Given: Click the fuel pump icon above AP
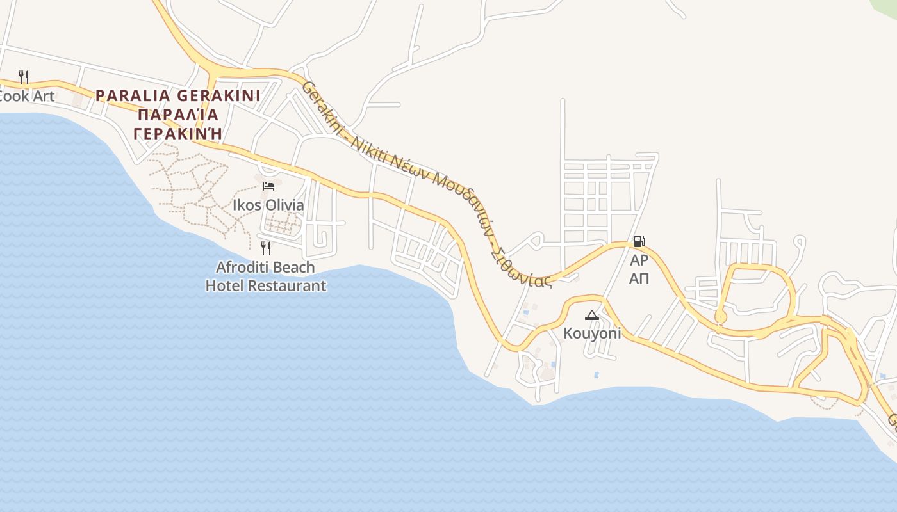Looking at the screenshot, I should [x=639, y=241].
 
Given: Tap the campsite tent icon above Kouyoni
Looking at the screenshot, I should [x=591, y=315].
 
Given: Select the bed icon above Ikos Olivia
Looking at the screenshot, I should [x=268, y=186].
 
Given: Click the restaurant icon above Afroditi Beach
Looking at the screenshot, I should [x=266, y=248].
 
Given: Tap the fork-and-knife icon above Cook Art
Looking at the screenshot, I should [x=24, y=77].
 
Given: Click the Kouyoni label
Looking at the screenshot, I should [x=592, y=333].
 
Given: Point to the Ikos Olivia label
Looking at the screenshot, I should [x=268, y=205].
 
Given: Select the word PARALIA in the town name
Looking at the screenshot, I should [x=133, y=96].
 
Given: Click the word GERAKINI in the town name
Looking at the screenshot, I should [x=218, y=96].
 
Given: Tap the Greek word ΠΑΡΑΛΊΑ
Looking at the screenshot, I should [x=178, y=115].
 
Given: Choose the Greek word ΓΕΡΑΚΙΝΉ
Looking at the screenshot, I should [x=178, y=133].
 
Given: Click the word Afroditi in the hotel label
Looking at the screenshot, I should [x=240, y=267].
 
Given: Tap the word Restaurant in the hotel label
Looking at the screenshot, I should [x=286, y=285].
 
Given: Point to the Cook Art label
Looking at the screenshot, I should [x=27, y=97].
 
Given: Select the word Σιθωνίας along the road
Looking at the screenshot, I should [x=520, y=269].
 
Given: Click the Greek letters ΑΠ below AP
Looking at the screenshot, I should [x=639, y=278].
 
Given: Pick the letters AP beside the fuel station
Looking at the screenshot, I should [x=639, y=260].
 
